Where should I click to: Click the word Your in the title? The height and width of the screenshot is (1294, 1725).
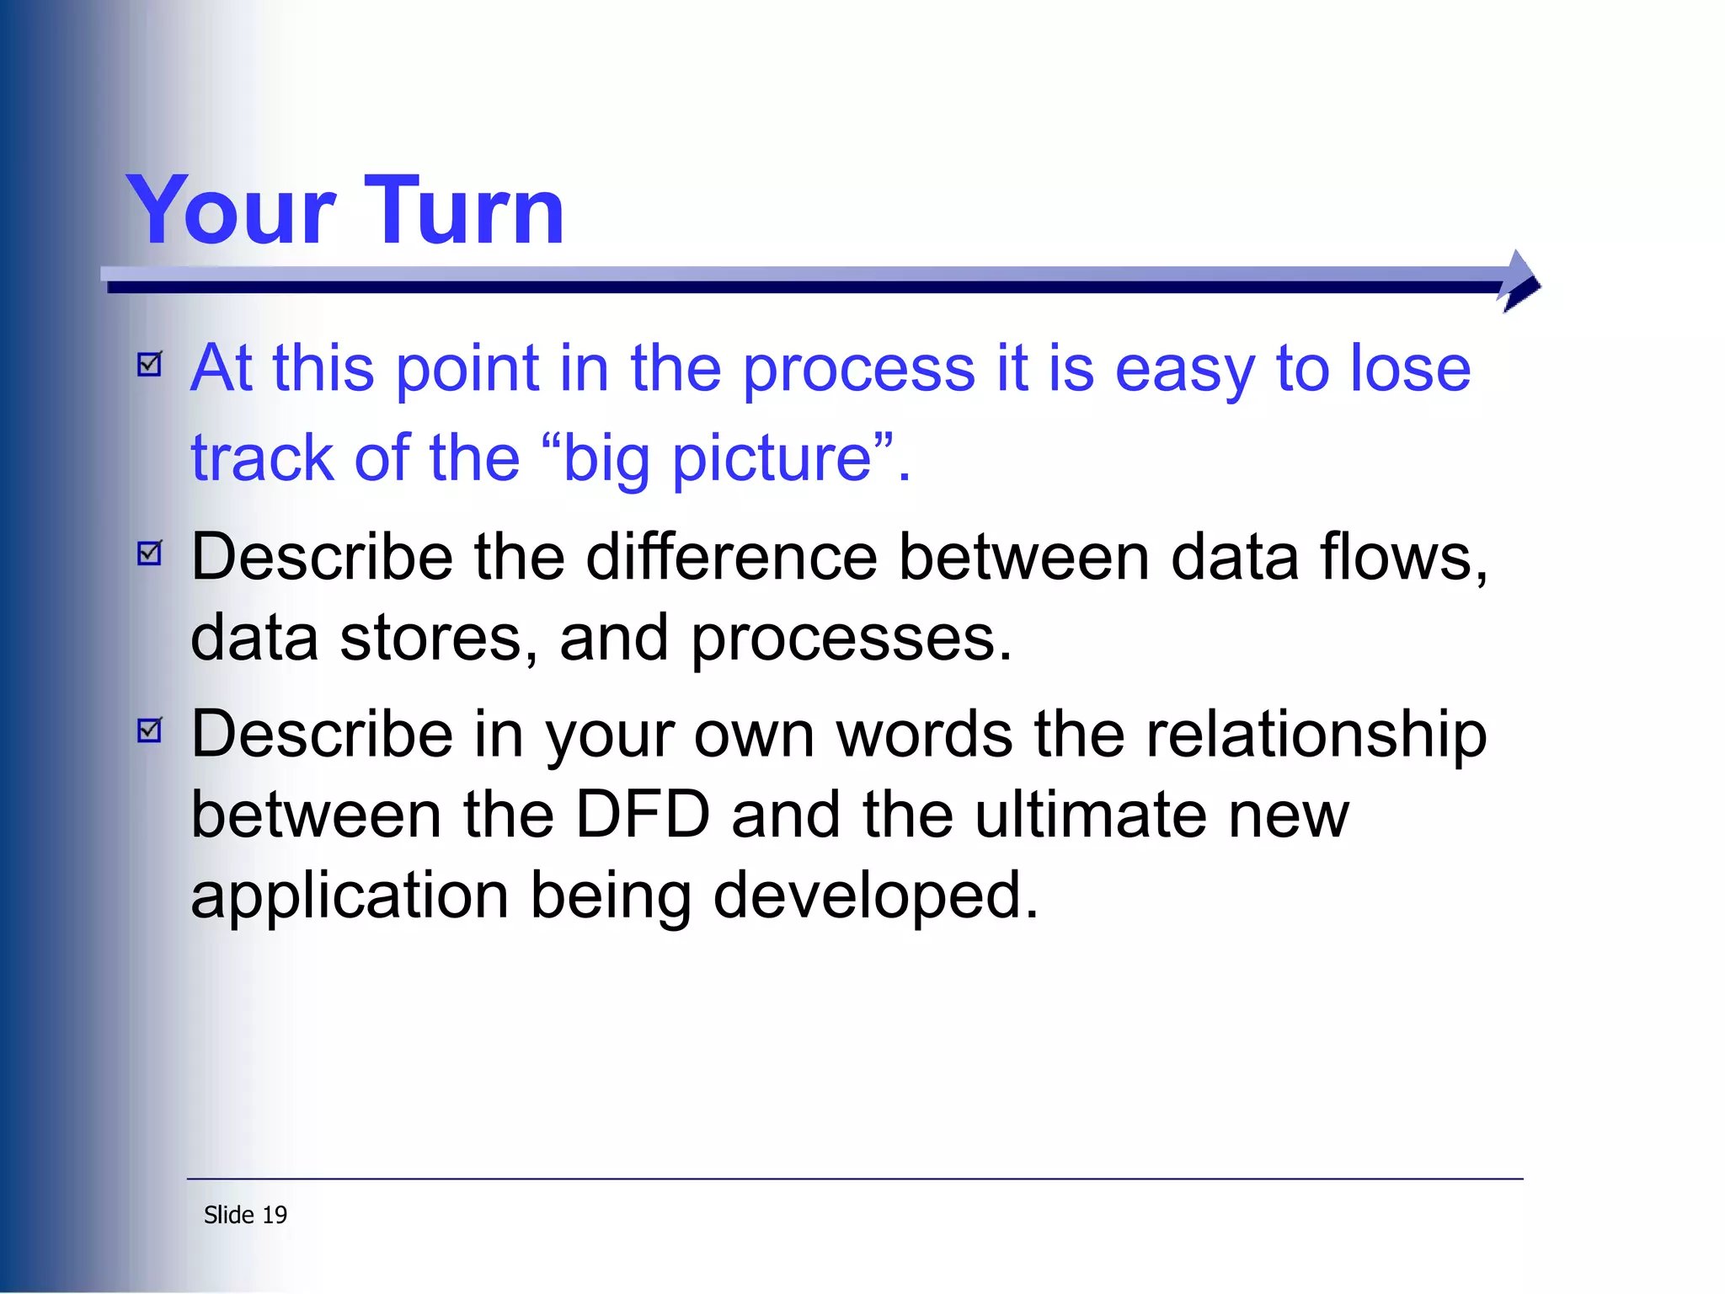tap(231, 211)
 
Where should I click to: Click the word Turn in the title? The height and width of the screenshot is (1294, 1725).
tap(464, 211)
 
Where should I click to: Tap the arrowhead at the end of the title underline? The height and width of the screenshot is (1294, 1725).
tap(1519, 281)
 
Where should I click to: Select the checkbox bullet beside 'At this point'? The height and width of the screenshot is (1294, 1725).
tap(150, 364)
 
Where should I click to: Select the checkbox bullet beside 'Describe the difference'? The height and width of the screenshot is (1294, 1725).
tap(150, 553)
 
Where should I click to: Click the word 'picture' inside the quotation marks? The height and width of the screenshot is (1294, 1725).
tap(772, 460)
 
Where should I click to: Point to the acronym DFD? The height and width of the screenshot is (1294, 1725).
tap(642, 815)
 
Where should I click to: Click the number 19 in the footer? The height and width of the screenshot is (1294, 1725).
tap(275, 1215)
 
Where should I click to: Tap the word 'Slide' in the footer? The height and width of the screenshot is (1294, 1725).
tap(228, 1215)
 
